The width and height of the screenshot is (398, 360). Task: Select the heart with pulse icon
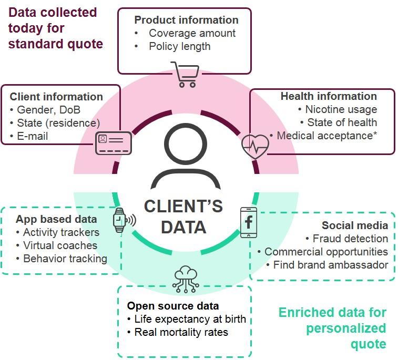coord(255,146)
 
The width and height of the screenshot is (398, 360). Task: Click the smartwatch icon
coord(121,220)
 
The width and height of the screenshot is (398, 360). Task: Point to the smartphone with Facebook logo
coord(248,222)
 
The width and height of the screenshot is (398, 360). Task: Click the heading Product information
coord(186,20)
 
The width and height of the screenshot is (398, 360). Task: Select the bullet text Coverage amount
coord(192,33)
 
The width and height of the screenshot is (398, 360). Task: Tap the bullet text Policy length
coord(179,46)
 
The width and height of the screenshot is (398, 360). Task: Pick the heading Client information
coord(56,97)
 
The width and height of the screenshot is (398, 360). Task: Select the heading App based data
coord(56,219)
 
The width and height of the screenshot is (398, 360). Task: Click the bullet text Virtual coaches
coord(60,245)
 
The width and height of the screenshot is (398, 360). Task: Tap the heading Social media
coord(355,225)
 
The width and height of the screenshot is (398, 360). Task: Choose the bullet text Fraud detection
coord(350,239)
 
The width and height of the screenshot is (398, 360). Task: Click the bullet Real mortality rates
coord(181,332)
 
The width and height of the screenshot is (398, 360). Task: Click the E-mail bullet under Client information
coord(34,137)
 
